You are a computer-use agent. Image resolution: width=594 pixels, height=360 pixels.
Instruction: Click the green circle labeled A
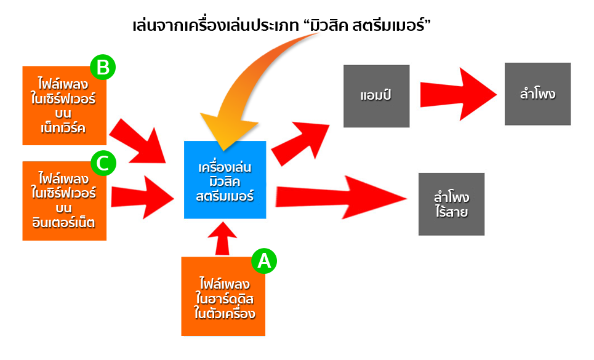(264, 261)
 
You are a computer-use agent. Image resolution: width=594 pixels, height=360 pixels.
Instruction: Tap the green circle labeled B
(103, 67)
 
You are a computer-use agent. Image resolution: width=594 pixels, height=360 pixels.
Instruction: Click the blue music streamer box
(225, 180)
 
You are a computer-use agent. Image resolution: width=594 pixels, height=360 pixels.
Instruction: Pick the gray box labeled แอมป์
(376, 96)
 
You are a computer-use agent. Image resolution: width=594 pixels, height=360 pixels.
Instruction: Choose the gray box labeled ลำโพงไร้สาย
(451, 204)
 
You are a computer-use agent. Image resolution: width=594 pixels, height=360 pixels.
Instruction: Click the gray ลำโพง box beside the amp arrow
(537, 94)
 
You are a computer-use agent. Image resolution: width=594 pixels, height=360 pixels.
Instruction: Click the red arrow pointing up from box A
(223, 238)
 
